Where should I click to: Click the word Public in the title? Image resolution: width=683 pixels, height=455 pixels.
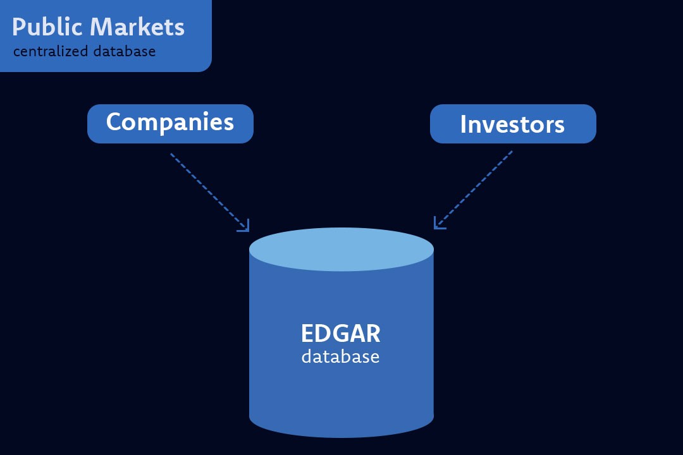tap(47, 28)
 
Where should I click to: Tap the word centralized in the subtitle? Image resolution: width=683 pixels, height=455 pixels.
tap(51, 51)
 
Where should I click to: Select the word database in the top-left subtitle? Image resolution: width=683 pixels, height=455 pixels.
tap(124, 51)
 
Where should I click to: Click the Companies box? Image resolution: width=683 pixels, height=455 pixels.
tap(170, 123)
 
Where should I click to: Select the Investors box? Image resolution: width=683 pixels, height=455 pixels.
tap(512, 124)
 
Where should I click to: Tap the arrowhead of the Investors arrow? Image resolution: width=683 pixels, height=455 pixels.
tap(438, 224)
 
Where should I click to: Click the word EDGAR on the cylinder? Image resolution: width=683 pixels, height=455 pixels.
tap(340, 334)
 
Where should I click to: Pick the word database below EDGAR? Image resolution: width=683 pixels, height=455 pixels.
tap(340, 356)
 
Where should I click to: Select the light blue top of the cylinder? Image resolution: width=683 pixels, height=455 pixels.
tap(341, 249)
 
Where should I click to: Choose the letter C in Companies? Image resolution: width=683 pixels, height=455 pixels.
tap(114, 121)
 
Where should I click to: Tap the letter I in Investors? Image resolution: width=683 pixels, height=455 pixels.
tap(464, 124)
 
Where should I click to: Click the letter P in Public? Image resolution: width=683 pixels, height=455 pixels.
tap(19, 28)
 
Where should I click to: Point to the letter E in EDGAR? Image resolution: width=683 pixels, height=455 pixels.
tap(307, 334)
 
